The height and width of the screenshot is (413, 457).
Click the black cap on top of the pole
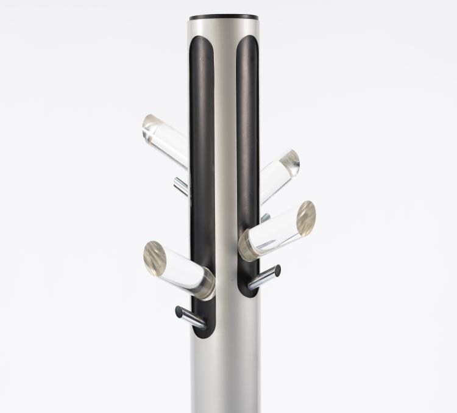224,17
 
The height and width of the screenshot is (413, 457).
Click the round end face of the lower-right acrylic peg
306,218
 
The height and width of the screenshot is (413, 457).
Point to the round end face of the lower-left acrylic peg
155,256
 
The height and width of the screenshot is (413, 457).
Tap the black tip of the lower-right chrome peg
277,269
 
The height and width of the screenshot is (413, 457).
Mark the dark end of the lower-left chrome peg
179,312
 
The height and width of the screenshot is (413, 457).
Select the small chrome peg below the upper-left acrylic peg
182,186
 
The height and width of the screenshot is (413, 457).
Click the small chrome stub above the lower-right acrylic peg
265,217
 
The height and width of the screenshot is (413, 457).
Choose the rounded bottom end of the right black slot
247,291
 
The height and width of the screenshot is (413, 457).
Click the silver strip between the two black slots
225,153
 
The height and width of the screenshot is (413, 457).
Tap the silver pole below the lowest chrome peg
225,372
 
